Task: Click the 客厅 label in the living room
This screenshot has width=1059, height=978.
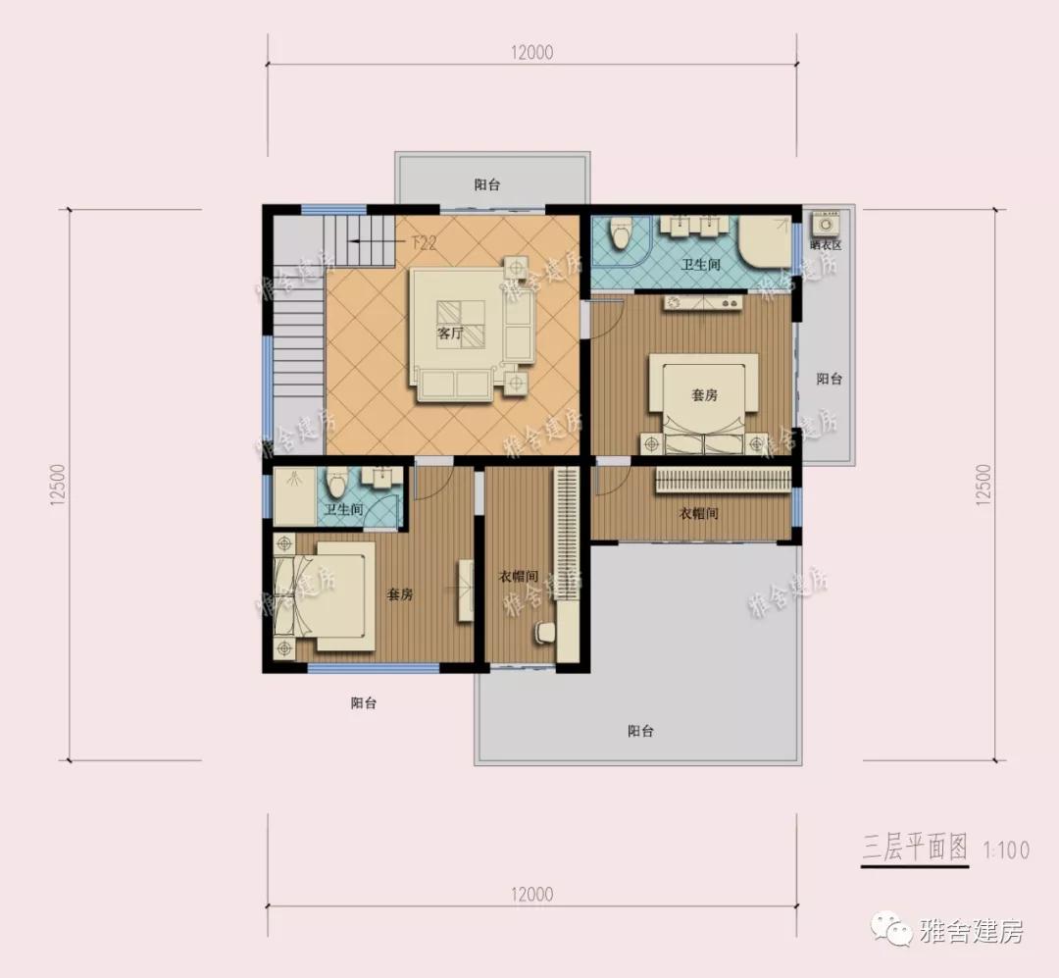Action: coord(450,334)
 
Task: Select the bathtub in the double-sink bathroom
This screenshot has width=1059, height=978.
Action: coord(764,243)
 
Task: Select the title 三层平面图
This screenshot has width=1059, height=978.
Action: coord(915,848)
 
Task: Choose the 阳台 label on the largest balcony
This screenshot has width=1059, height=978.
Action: coord(640,731)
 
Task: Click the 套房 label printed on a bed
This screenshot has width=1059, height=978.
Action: coord(704,395)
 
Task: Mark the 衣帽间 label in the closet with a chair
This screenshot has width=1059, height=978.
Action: coord(516,576)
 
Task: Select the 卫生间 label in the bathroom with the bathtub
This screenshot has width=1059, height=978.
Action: coord(701,265)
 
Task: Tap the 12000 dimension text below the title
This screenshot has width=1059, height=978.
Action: coord(531,895)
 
